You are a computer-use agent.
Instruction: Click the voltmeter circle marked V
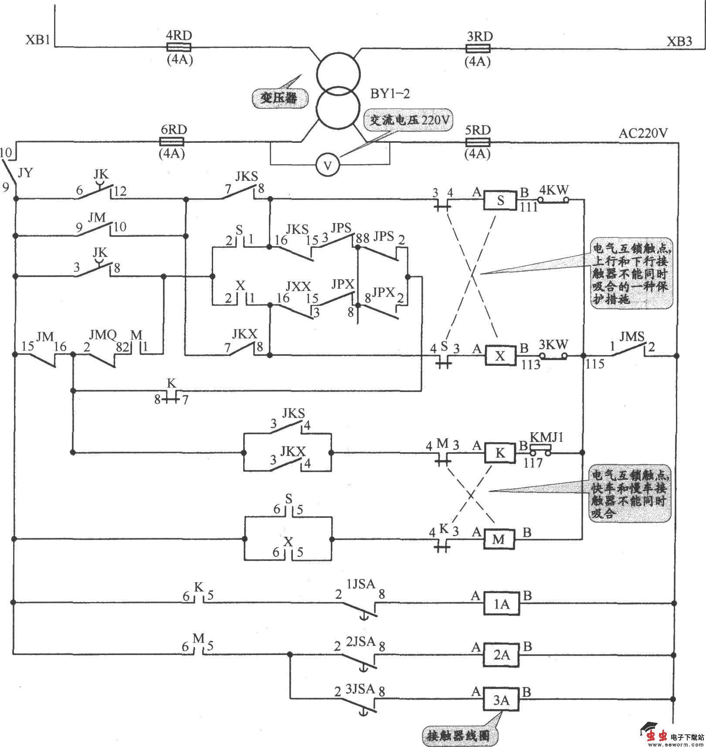pos(328,166)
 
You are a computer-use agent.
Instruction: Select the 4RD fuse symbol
pos(179,47)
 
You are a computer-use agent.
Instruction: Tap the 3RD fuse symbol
pos(479,48)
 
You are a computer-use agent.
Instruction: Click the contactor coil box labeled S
pos(500,200)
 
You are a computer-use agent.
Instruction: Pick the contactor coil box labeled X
pos(500,356)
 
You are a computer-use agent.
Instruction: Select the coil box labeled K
pos(500,453)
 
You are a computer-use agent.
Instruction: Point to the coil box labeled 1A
pos(501,604)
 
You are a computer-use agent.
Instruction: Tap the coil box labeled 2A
pos(501,655)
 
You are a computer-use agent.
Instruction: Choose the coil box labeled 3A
pos(501,700)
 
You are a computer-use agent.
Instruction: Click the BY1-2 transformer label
pos(390,94)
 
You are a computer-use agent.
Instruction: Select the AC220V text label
pos(643,133)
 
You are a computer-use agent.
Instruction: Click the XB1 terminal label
pos(38,41)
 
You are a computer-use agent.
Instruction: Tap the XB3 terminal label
pos(679,42)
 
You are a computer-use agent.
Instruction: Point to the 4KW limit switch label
pos(554,190)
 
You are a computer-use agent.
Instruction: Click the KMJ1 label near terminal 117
pos(546,437)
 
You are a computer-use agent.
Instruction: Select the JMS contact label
pos(632,336)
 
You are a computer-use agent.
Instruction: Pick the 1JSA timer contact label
pos(360,585)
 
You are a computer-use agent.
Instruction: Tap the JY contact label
pos(25,173)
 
